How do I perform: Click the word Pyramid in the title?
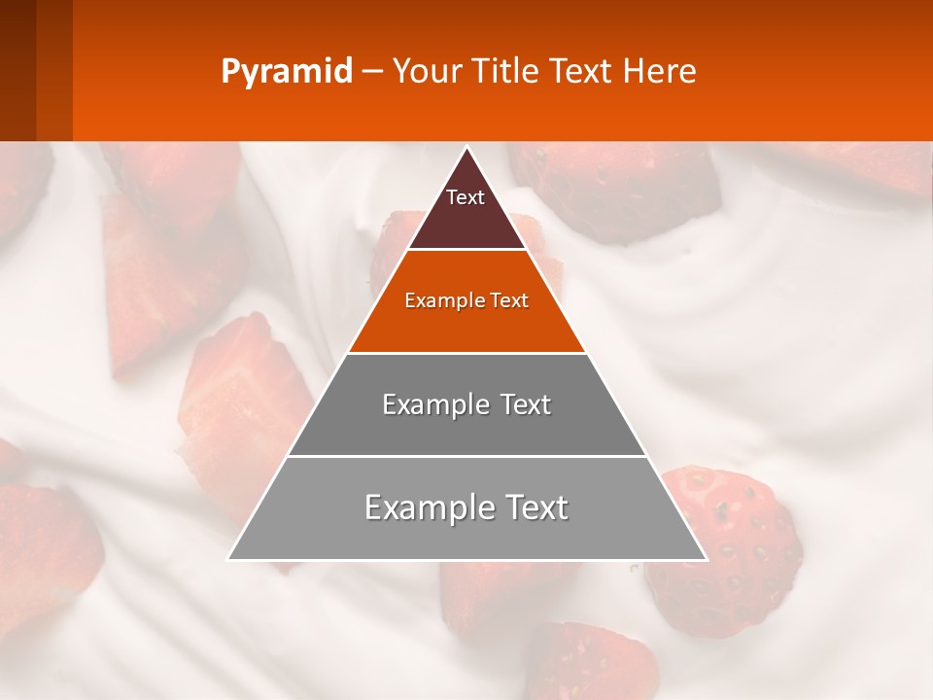286,72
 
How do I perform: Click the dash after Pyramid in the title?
371,72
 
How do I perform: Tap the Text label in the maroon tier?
466,197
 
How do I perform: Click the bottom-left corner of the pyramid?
229,559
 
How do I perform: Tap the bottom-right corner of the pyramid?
706,559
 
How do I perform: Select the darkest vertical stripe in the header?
17,70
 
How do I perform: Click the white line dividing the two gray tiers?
466,456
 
